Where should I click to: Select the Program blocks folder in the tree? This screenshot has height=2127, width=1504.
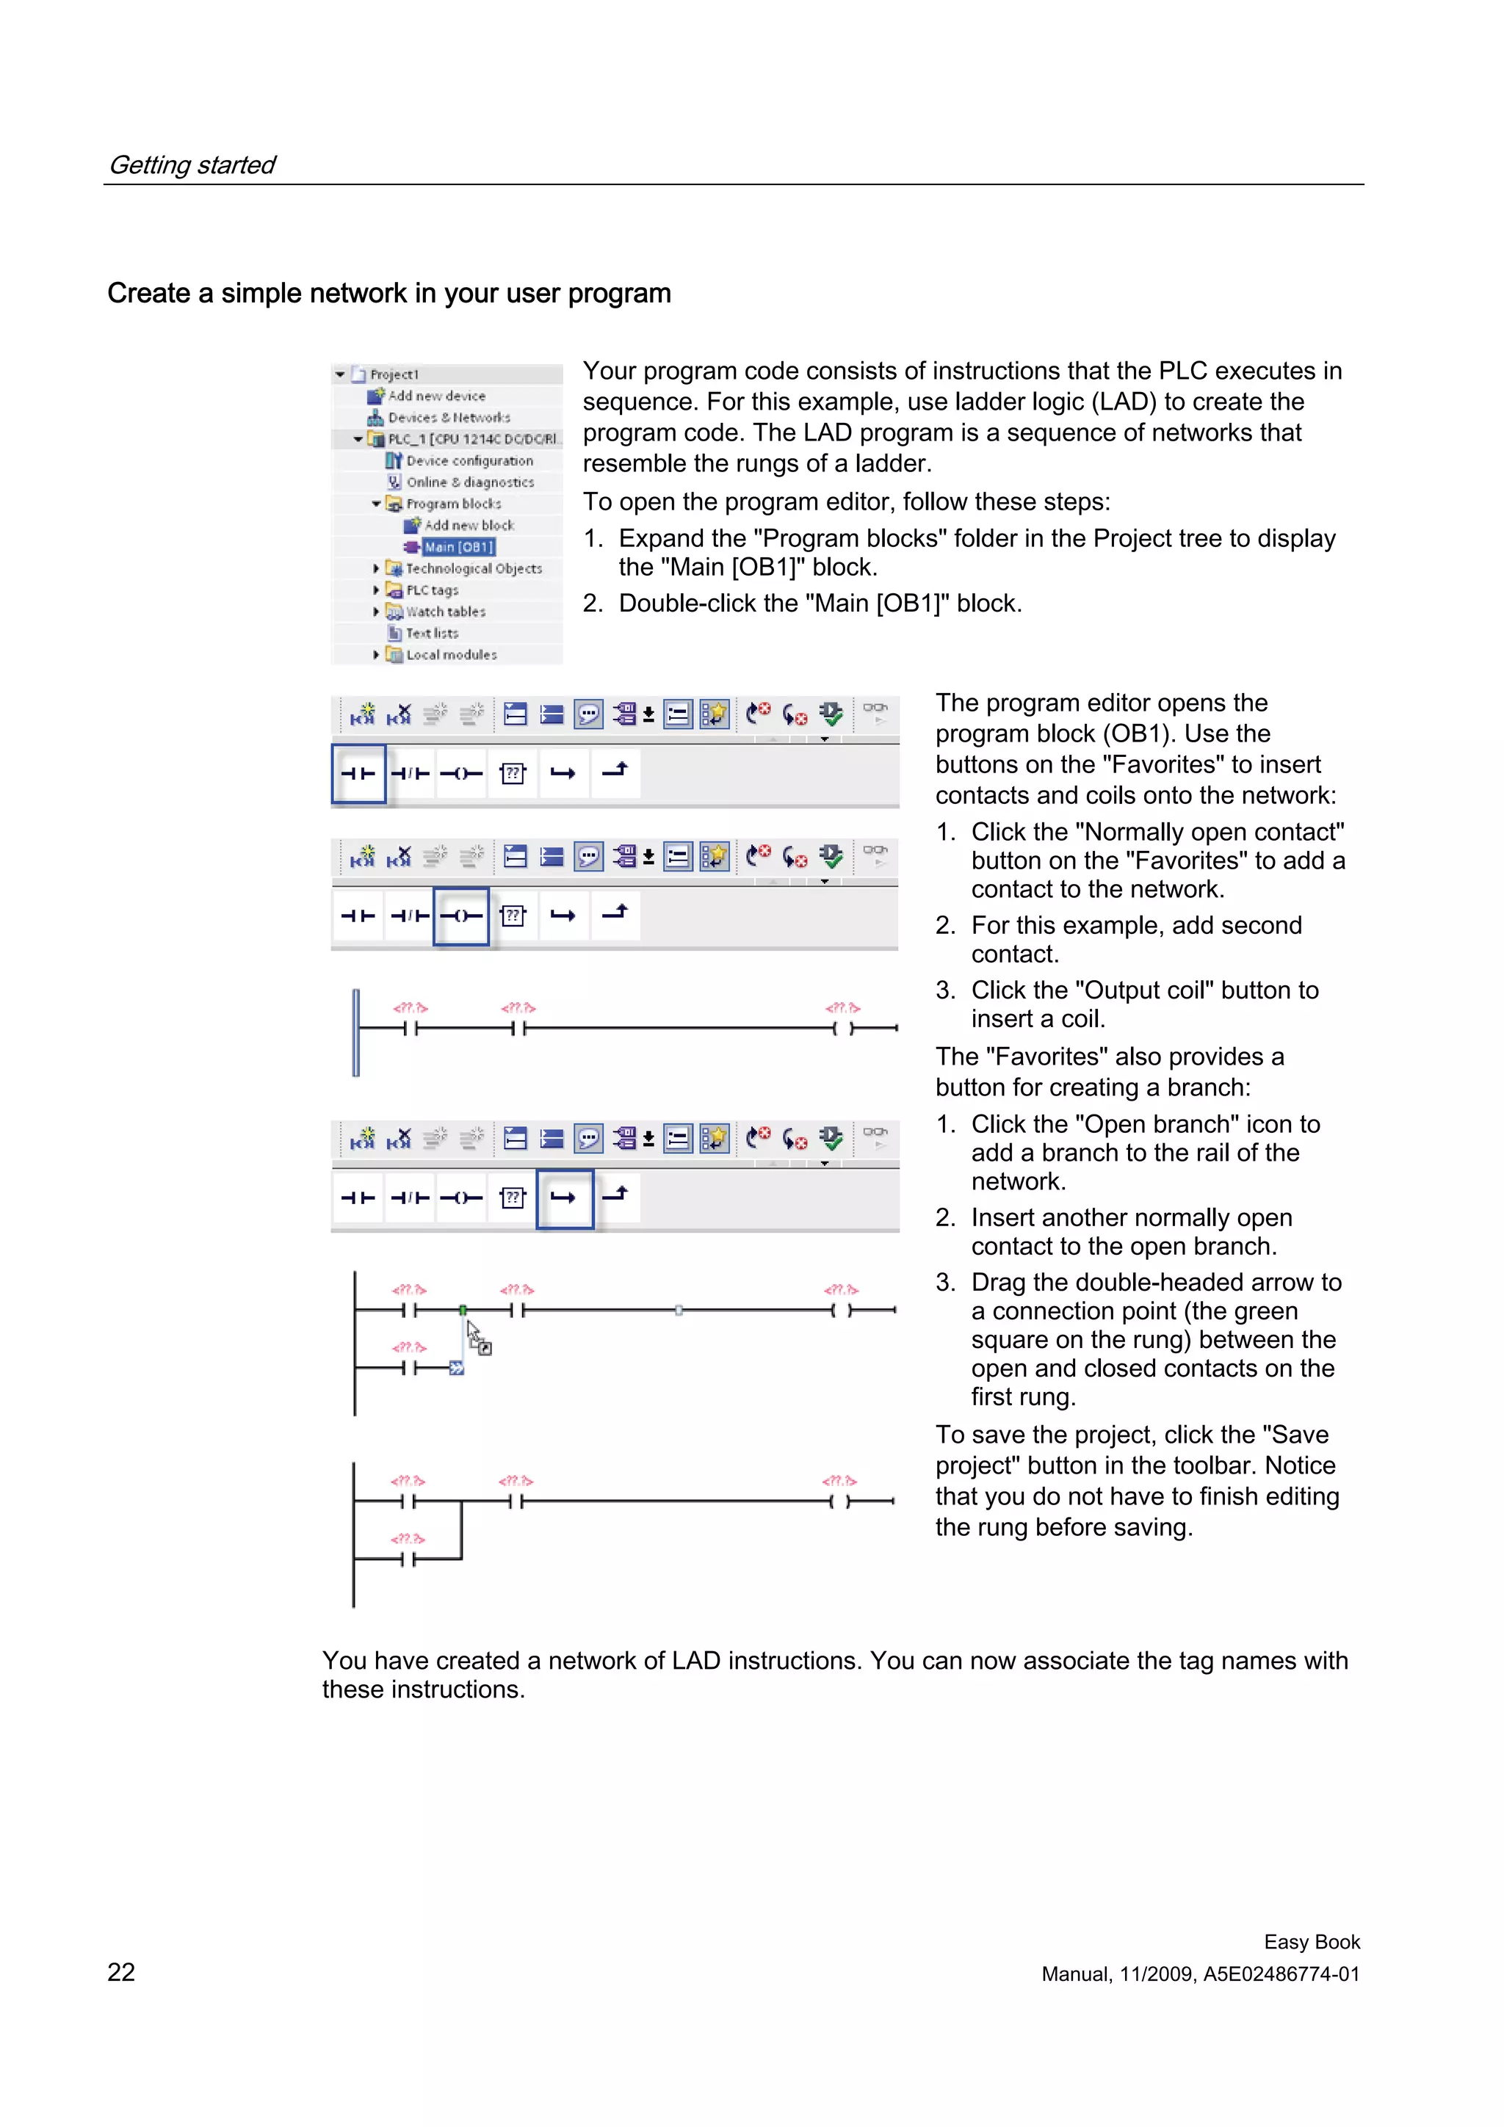[452, 504]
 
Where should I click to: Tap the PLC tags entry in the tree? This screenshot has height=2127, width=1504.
[431, 590]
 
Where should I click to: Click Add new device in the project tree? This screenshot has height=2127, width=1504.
[435, 396]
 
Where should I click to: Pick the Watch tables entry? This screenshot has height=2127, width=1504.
[445, 612]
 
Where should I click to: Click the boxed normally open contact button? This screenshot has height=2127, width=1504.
[358, 774]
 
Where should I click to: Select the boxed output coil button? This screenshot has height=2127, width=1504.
[460, 916]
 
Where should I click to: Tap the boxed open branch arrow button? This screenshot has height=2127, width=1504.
[563, 1197]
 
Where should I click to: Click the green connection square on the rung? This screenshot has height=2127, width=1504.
[463, 1310]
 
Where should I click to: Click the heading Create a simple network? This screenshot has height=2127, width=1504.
[388, 294]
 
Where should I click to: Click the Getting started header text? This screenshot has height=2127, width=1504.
[192, 165]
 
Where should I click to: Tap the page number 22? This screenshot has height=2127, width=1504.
[121, 1971]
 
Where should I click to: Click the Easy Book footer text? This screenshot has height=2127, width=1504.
[1312, 1942]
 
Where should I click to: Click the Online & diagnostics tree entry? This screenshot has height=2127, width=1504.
[469, 482]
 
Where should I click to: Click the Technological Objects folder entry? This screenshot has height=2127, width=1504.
[473, 569]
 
